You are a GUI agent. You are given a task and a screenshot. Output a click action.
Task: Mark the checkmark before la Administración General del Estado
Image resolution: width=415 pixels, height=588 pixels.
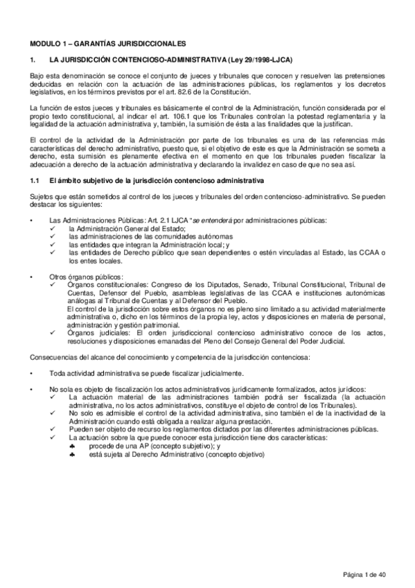tap(54, 227)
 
